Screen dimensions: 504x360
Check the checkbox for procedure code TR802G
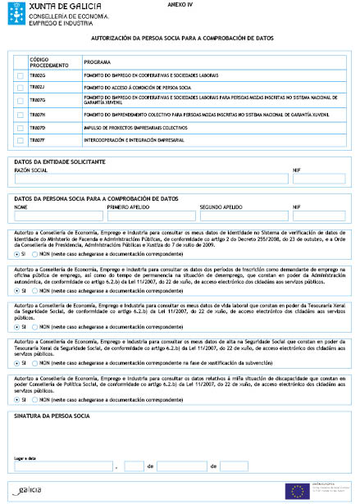click(x=21, y=76)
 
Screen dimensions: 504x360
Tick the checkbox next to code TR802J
click(x=21, y=87)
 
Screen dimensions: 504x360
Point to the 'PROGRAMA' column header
click(x=98, y=61)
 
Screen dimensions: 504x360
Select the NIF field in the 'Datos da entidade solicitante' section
click(x=318, y=179)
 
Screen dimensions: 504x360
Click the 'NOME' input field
click(x=58, y=216)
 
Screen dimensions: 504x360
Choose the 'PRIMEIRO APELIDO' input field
click(x=151, y=216)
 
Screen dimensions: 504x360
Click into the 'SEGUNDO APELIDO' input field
click(x=244, y=216)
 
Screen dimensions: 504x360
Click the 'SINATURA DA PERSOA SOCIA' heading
click(x=52, y=416)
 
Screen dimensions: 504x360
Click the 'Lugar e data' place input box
click(x=66, y=466)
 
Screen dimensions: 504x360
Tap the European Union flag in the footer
click(x=295, y=490)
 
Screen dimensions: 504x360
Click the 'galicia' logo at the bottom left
click(x=29, y=490)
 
